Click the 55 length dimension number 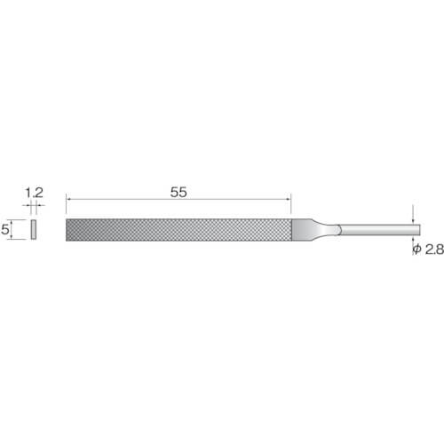(x=178, y=193)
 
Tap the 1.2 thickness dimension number (x=35, y=193)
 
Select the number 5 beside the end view (x=4, y=229)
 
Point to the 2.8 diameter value (x=434, y=250)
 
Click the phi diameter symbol (x=416, y=250)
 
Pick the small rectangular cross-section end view (x=34, y=229)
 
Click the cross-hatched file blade (x=179, y=230)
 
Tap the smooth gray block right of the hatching (x=301, y=230)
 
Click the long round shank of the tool (x=380, y=230)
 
